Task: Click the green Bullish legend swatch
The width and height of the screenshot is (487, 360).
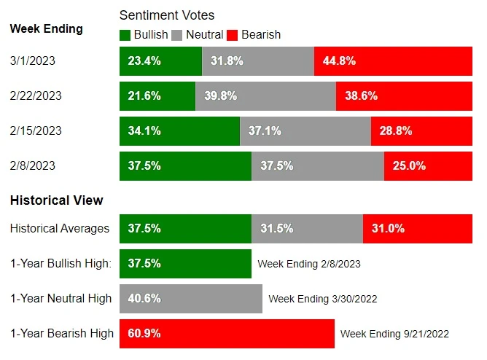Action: point(125,34)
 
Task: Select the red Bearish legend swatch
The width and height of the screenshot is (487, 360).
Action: point(233,34)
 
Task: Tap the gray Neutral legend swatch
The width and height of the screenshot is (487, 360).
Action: point(178,34)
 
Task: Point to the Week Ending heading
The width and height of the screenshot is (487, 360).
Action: point(46,29)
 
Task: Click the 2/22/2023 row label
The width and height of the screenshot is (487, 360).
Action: point(35,96)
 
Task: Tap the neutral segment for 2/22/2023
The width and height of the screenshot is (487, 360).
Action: point(265,96)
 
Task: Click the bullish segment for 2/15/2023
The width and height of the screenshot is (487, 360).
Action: point(179,131)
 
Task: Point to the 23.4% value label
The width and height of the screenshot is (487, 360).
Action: point(144,61)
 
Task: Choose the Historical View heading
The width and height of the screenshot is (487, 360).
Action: point(56,200)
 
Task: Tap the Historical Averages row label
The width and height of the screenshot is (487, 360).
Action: point(60,228)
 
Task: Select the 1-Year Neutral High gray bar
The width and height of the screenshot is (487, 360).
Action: point(190,298)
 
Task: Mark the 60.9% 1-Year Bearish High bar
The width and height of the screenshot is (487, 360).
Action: point(227,333)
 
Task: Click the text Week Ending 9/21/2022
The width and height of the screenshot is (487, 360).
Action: point(394,334)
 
